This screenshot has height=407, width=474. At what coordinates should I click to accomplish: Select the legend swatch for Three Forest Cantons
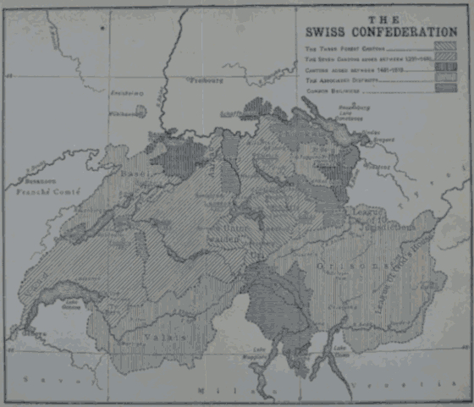[443, 48]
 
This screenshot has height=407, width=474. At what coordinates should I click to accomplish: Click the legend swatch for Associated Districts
[443, 79]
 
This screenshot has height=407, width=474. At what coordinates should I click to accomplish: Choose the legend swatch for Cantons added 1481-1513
[443, 69]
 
